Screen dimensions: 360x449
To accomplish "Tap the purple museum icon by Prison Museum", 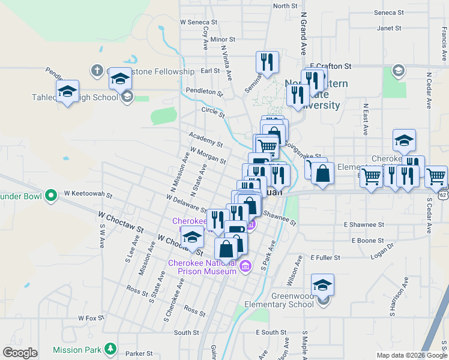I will (x=244, y=266).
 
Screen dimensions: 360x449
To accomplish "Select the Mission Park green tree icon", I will (x=110, y=349).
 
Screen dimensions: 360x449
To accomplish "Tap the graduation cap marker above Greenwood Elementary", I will (x=322, y=285).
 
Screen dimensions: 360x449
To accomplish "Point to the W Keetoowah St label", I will (x=89, y=194).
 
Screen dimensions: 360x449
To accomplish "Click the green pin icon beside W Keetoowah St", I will (x=51, y=194).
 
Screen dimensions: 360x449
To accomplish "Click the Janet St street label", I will (x=388, y=28).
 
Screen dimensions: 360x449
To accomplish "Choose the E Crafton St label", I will (x=330, y=67).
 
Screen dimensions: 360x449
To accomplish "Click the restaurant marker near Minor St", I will (x=266, y=61).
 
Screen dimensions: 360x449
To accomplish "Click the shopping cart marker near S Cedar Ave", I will (x=436, y=176).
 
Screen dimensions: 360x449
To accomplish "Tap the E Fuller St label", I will (x=325, y=257).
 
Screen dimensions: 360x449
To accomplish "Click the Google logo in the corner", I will (x=20, y=353).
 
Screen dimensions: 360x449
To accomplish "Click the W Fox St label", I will (x=91, y=318).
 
